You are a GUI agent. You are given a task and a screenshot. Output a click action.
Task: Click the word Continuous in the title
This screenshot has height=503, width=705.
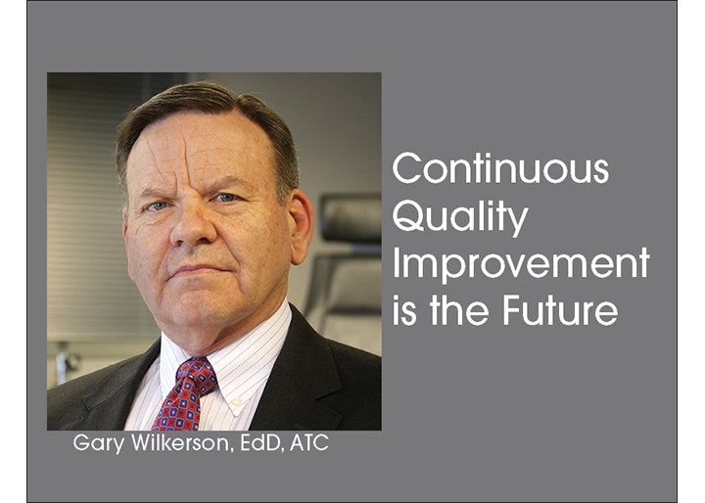[500, 167]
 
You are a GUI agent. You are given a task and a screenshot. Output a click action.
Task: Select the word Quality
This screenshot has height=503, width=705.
[460, 217]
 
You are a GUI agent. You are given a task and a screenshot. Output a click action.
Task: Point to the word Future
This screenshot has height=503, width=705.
[560, 309]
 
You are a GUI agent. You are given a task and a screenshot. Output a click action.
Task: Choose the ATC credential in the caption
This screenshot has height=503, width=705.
[309, 442]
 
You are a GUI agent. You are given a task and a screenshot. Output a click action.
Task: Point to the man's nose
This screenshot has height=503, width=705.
[193, 227]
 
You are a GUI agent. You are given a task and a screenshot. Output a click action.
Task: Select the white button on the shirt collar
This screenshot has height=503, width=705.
[237, 400]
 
